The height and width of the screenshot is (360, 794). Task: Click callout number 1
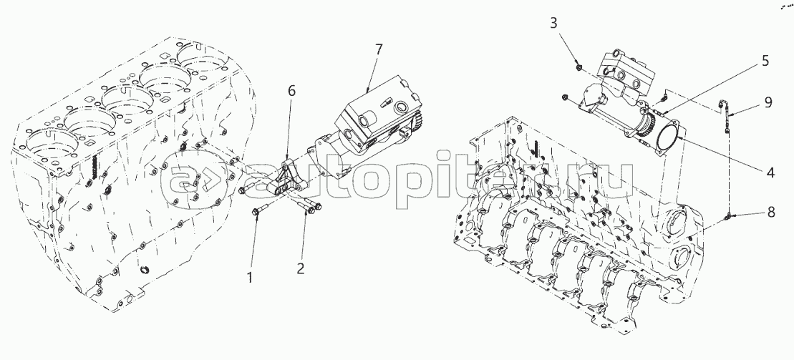pyautogui.click(x=250, y=277)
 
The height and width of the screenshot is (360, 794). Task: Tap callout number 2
pyautogui.click(x=300, y=268)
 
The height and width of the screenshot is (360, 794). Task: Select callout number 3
pyautogui.click(x=553, y=23)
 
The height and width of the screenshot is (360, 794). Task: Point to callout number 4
pyautogui.click(x=770, y=172)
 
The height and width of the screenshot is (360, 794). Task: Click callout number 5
pyautogui.click(x=765, y=61)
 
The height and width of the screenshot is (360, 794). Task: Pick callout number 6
pyautogui.click(x=291, y=91)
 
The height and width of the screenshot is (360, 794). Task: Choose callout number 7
pyautogui.click(x=379, y=49)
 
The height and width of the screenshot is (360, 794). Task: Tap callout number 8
pyautogui.click(x=771, y=212)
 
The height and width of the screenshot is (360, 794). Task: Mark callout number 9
pyautogui.click(x=768, y=102)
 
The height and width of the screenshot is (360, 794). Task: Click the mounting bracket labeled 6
pyautogui.click(x=284, y=180)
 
